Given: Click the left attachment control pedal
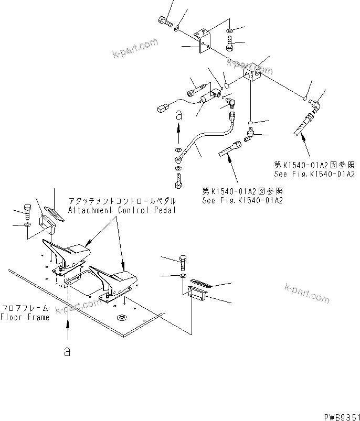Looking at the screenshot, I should (x=68, y=254).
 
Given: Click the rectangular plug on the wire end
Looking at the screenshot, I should (x=162, y=109).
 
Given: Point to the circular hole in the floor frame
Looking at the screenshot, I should (x=122, y=317).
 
